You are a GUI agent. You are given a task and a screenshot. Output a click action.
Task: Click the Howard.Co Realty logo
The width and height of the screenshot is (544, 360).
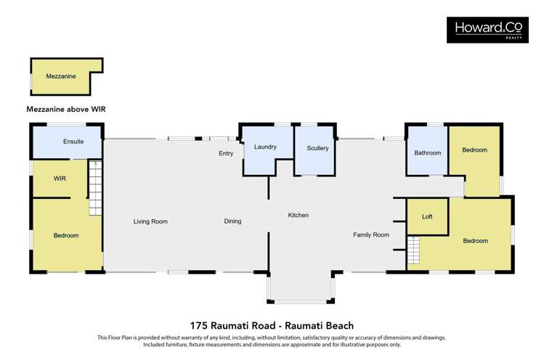(487, 29)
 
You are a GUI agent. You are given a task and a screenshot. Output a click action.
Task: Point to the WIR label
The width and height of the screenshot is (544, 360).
(60, 178)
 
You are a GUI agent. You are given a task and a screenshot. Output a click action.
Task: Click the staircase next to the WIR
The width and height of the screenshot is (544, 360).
(96, 187)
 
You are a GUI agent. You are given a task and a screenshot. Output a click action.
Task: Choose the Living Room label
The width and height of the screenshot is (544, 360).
(150, 221)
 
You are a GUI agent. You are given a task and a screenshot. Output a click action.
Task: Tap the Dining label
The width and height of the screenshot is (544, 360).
(232, 221)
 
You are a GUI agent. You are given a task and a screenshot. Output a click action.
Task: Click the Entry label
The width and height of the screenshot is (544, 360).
(226, 154)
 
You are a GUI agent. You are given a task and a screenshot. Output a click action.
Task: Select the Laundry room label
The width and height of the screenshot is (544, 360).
(265, 147)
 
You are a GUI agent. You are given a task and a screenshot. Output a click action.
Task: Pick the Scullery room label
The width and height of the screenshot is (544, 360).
(317, 148)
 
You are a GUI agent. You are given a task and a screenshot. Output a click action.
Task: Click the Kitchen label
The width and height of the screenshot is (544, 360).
(298, 216)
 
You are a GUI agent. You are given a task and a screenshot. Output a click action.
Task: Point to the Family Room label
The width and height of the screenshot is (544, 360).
(371, 234)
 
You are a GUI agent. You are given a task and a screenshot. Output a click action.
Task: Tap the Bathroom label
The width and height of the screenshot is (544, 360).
(428, 153)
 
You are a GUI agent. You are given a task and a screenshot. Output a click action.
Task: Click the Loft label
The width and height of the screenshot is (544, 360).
(427, 217)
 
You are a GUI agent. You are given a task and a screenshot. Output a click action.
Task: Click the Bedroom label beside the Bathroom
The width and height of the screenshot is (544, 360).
(474, 150)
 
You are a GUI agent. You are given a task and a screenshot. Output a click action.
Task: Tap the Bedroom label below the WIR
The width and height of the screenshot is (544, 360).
(66, 235)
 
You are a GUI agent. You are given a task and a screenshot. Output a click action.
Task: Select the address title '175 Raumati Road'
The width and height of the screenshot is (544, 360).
(271, 326)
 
